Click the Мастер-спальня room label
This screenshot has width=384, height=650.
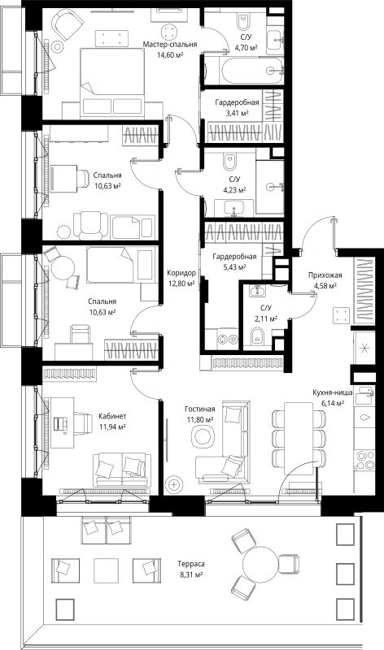(x=170, y=45)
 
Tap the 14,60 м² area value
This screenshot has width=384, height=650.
(x=170, y=54)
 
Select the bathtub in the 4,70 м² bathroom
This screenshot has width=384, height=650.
(x=245, y=71)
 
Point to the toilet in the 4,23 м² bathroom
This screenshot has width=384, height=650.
(x=229, y=162)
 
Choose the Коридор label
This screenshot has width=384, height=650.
(x=181, y=273)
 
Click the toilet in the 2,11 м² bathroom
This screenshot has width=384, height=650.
(x=258, y=336)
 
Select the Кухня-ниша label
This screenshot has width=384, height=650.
(x=333, y=392)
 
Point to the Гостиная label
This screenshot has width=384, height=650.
(x=199, y=409)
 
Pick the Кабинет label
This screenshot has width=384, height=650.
(x=112, y=416)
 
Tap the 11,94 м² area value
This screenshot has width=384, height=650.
(x=112, y=426)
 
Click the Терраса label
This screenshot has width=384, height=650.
(x=191, y=564)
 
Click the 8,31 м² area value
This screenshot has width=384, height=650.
(x=191, y=574)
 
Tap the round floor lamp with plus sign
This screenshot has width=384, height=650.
(x=173, y=484)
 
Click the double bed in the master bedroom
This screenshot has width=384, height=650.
(x=111, y=82)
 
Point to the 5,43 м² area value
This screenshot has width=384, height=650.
(x=234, y=267)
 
